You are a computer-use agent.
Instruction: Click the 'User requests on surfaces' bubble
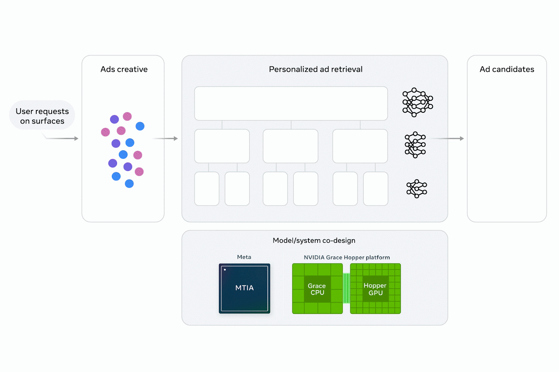coord(42,116)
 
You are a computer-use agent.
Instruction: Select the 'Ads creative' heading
coord(124,69)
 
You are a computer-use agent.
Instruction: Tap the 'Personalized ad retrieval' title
coord(315,69)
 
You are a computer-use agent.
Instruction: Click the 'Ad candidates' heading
coord(507,69)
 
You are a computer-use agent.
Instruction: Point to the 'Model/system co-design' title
coord(314,240)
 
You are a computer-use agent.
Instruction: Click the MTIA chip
coord(244,288)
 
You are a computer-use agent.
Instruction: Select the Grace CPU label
coord(317,289)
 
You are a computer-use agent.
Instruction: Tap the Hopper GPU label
coord(375,289)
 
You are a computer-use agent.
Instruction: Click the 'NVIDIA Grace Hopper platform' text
coord(347,257)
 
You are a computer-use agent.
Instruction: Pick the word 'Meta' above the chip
coord(244,257)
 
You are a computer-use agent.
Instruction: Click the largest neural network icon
coord(417,102)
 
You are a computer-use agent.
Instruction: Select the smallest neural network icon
coord(416,189)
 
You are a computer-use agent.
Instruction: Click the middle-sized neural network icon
coord(415,144)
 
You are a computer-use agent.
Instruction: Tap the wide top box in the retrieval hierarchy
coord(291,103)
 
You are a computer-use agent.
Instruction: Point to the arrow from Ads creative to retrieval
coord(166,139)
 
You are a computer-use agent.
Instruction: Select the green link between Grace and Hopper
coord(346,288)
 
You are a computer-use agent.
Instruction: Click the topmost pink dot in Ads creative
coord(127,116)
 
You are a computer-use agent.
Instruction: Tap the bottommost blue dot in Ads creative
coord(129,184)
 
